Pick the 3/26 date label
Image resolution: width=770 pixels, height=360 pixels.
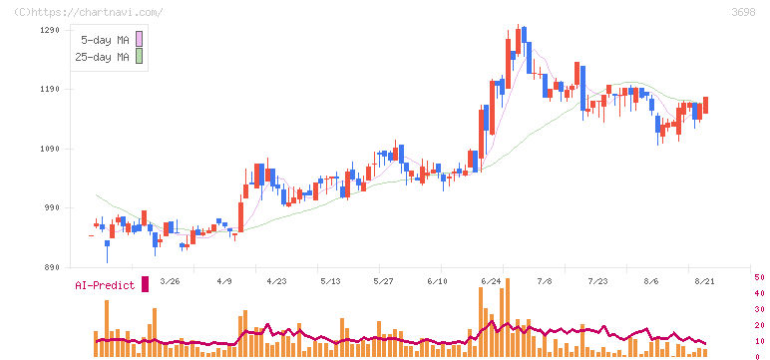[170, 281]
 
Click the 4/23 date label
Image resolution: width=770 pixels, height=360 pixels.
[276, 281]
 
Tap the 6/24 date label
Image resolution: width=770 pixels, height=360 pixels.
[491, 281]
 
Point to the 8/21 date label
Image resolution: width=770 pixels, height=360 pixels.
[705, 281]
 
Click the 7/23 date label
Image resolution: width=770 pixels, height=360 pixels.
[598, 281]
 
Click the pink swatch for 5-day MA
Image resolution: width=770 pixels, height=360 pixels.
[139, 39]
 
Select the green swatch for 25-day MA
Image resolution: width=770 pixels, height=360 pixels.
[139, 56]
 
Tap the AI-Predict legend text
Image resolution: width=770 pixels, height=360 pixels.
[105, 285]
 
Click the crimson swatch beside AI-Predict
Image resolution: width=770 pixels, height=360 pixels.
[145, 284]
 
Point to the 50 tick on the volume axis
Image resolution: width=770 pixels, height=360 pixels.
[759, 277]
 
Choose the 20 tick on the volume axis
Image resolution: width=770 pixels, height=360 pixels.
[759, 325]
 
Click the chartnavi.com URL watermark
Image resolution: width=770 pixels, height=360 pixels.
[89, 12]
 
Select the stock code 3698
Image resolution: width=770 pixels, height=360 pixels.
[743, 12]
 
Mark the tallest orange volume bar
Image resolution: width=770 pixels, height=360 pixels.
[508, 317]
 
